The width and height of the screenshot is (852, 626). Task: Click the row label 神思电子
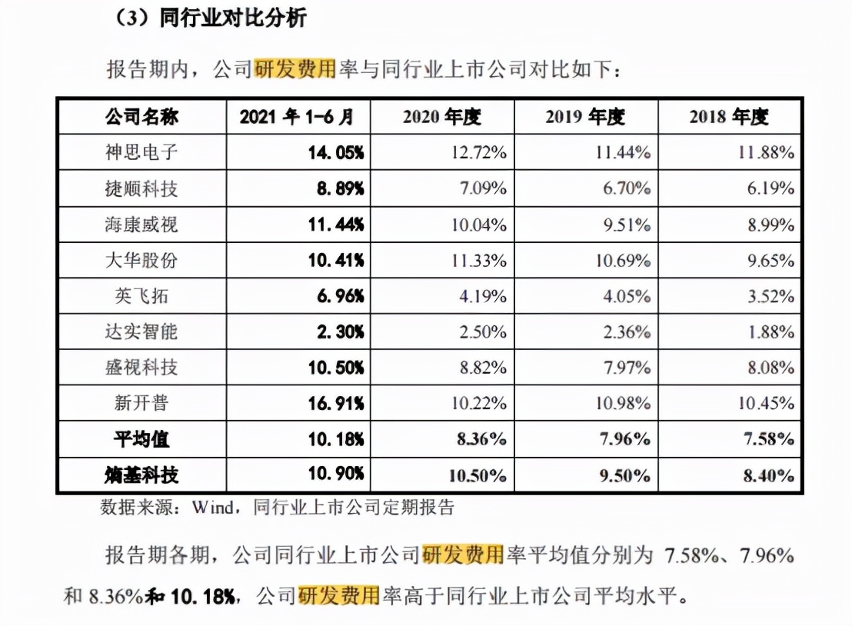click(141, 152)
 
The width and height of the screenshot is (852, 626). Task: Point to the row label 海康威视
click(141, 225)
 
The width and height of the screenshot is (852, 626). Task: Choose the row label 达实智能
click(141, 331)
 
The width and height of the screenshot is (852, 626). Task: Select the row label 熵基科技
click(141, 474)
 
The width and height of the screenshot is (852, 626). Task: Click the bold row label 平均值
click(141, 439)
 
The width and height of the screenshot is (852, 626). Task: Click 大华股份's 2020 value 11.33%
click(479, 260)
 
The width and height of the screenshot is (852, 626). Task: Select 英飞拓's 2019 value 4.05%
click(627, 296)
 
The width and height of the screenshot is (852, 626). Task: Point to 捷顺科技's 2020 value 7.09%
click(483, 188)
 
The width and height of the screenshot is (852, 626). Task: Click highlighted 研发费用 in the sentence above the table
click(296, 70)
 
